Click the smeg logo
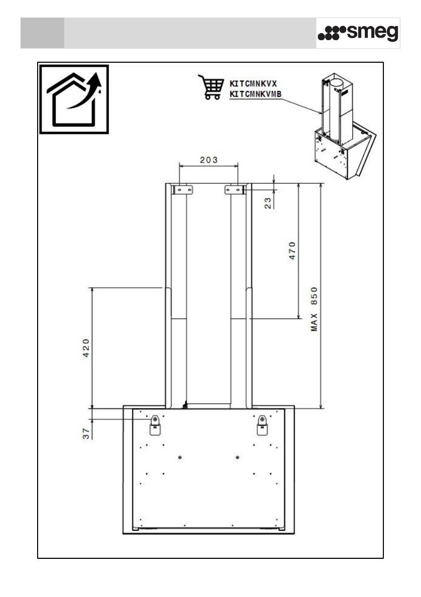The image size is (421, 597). [358, 33]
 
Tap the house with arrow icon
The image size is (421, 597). [74, 99]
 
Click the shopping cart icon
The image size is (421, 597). [211, 87]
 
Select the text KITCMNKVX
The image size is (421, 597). [253, 84]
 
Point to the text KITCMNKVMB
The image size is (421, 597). [255, 94]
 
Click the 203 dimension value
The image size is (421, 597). [209, 160]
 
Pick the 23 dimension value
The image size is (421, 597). [268, 203]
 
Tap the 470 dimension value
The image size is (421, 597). [293, 250]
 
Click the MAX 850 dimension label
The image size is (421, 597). [314, 309]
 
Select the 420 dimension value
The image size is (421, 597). [86, 348]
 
